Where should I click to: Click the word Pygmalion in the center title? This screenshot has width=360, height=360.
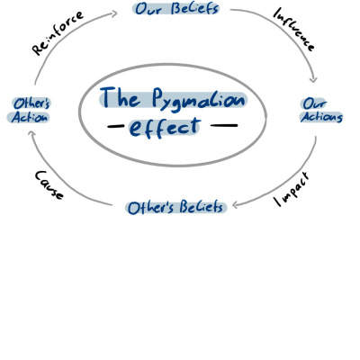(x=198, y=100)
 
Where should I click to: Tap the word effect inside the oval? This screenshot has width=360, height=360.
(x=165, y=128)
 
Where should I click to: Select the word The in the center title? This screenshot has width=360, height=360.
(x=121, y=97)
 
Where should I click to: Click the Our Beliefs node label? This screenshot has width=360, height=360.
(x=176, y=8)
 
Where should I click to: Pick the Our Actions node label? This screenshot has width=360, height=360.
(x=321, y=110)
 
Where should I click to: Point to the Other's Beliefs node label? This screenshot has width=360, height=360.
(x=175, y=208)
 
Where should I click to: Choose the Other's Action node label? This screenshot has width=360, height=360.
(x=30, y=110)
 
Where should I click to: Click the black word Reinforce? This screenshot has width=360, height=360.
(x=58, y=33)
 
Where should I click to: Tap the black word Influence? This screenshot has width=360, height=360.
(x=293, y=30)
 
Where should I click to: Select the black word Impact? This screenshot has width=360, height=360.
(x=292, y=190)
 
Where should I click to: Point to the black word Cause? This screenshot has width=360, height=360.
(x=49, y=185)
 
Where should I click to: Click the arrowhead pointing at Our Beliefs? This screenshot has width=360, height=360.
(x=113, y=13)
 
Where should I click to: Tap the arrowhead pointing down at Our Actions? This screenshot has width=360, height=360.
(x=313, y=78)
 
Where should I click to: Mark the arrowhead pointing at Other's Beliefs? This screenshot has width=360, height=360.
(x=236, y=205)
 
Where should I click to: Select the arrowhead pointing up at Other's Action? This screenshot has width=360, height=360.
(x=32, y=134)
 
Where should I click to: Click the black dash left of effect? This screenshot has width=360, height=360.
(x=116, y=126)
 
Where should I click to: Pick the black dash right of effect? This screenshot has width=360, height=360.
(x=224, y=125)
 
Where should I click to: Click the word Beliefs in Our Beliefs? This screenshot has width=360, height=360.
(x=194, y=8)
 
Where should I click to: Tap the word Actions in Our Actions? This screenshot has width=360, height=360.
(x=321, y=117)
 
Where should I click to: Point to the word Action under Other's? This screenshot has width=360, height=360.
(x=29, y=117)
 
